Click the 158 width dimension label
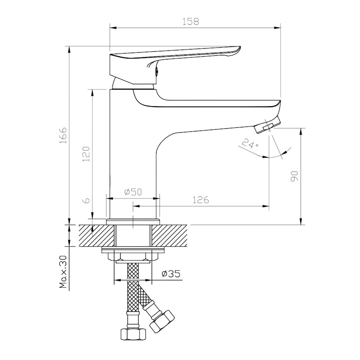coord(190,21)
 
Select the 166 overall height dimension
coord(63,135)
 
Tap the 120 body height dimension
coord(86,153)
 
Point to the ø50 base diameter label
coord(133,192)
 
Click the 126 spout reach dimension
coord(200,200)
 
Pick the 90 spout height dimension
coord(294,176)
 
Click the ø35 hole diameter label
coord(171,274)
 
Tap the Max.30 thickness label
coord(63,272)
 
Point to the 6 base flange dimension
coord(86,200)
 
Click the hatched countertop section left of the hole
coord(96,236)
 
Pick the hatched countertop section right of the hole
coord(170,236)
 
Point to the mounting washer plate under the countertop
coord(133,251)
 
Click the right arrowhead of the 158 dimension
coord(278,28)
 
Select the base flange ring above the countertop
coord(133,222)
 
